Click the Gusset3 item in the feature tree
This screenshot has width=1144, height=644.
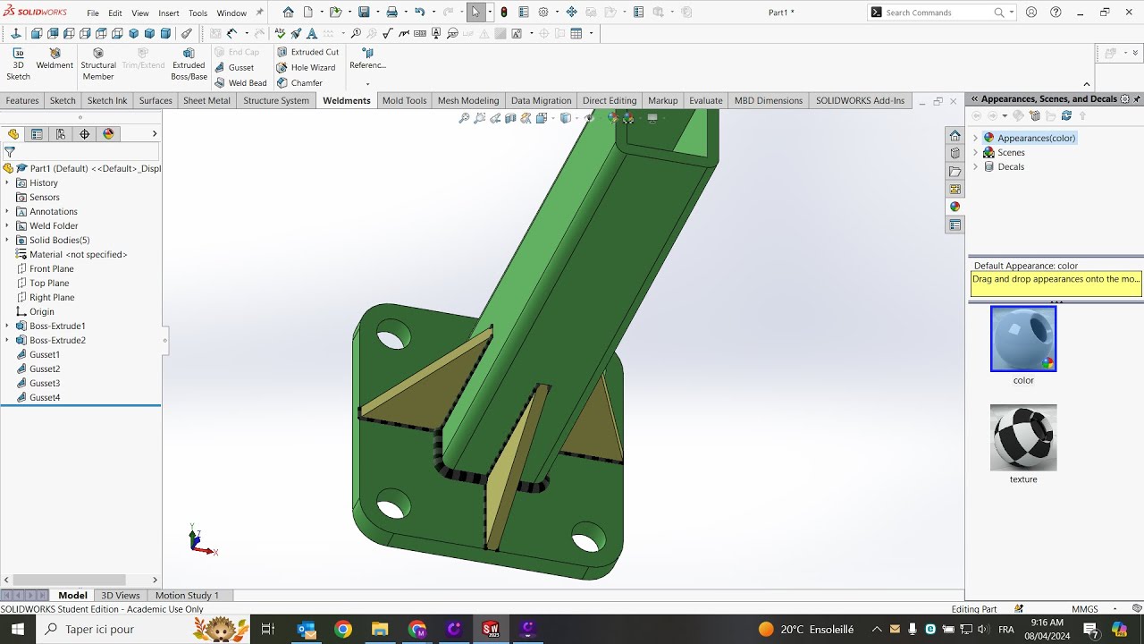(x=44, y=383)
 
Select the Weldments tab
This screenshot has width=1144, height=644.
(x=346, y=100)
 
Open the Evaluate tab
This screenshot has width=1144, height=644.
(x=705, y=100)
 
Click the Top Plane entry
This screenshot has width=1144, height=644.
(x=48, y=283)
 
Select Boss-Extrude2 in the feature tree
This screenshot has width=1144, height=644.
(x=57, y=340)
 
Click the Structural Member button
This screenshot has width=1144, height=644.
(x=98, y=64)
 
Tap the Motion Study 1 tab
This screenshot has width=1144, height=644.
(x=187, y=595)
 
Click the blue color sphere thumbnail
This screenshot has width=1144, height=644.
(x=1023, y=339)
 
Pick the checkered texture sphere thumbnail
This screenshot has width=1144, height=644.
(x=1023, y=437)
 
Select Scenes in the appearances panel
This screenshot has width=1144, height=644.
(x=1011, y=152)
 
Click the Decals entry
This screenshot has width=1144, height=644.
(x=1011, y=166)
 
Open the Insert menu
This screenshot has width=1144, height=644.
(x=168, y=13)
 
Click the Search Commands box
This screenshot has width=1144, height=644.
(x=938, y=13)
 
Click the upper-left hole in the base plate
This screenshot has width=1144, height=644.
(x=391, y=338)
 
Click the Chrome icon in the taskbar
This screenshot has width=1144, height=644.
(x=343, y=630)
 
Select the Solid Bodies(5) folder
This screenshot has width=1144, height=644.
(x=59, y=240)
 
